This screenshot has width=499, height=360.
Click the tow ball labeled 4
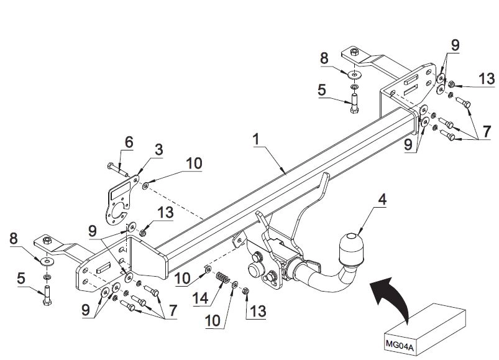click(x=352, y=249)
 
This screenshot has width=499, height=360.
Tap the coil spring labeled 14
click(x=222, y=277)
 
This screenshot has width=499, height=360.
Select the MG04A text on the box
click(x=400, y=344)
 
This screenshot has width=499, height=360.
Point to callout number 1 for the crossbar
click(x=256, y=139)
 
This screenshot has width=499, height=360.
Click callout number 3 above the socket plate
click(x=159, y=150)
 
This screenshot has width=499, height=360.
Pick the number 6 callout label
click(x=129, y=142)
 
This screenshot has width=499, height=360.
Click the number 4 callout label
click(x=382, y=200)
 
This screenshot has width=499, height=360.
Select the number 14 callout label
click(x=201, y=298)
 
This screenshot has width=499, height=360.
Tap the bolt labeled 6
click(x=117, y=170)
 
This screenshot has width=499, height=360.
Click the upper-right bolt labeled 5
click(x=354, y=103)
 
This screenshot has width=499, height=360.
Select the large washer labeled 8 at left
click(x=47, y=262)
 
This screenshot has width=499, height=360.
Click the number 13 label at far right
click(x=487, y=79)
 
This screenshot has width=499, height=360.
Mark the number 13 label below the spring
click(x=258, y=312)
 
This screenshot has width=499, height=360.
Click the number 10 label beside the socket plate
click(x=194, y=164)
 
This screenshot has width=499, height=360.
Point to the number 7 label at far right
click(x=487, y=132)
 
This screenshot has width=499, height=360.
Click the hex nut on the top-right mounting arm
click(x=354, y=51)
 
